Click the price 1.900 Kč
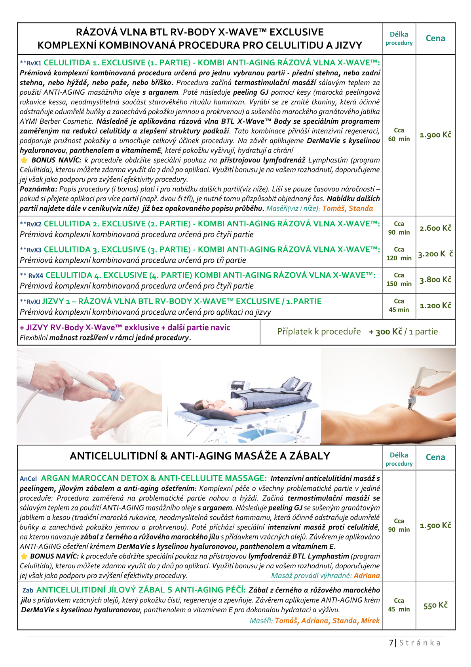coord(435,135)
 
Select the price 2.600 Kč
coord(435,228)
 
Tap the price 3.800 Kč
coord(435,280)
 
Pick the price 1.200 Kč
coord(435,306)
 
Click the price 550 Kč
coord(435,605)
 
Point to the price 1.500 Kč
coord(435,526)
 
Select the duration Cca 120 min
coord(399,254)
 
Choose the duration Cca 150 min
coord(399,279)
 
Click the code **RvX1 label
coord(30,63)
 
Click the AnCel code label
coord(28,479)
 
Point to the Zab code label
coord(28,591)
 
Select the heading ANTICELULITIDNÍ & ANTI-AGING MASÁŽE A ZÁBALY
coord(200,456)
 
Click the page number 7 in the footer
coord(391,642)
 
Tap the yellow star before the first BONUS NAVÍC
coord(24,160)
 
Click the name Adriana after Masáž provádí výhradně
coord(367,576)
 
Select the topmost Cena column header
coord(435,38)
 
